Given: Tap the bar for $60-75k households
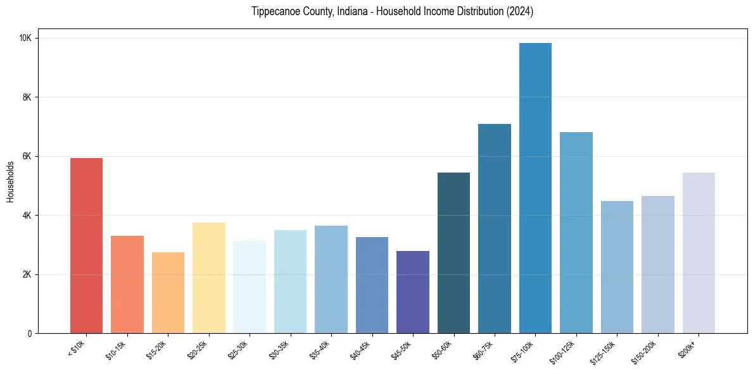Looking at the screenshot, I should [495, 228].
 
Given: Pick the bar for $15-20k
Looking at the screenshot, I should [168, 293].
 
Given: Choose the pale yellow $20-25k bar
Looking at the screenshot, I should [208, 278].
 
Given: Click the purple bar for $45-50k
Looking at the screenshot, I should [413, 292].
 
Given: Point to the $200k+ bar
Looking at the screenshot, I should [699, 253].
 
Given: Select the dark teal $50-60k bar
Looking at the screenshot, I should [453, 253].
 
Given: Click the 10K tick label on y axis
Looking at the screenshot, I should [25, 38].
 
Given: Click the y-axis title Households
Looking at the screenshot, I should [10, 181].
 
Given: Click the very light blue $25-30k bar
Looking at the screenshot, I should [250, 287].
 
